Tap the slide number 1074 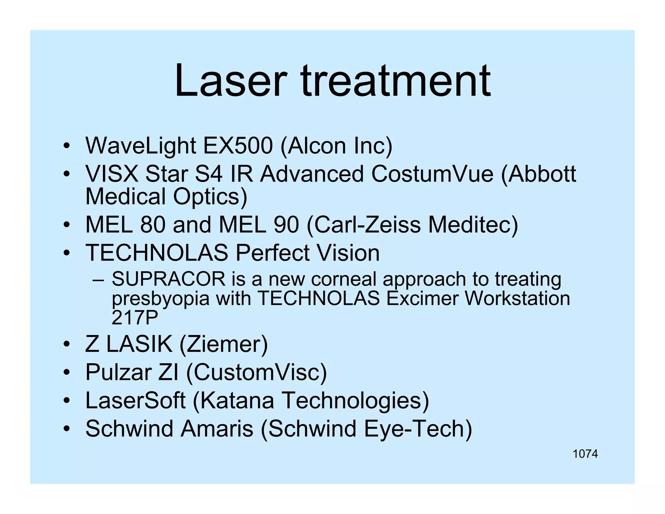(x=585, y=454)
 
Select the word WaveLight (x=140, y=146)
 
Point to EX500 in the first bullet (x=238, y=146)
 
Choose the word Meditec (x=473, y=225)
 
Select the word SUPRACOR (x=169, y=279)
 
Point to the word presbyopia (x=161, y=299)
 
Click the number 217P (x=134, y=318)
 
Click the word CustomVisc (x=256, y=372)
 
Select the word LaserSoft (x=135, y=400)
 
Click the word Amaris (x=217, y=429)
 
